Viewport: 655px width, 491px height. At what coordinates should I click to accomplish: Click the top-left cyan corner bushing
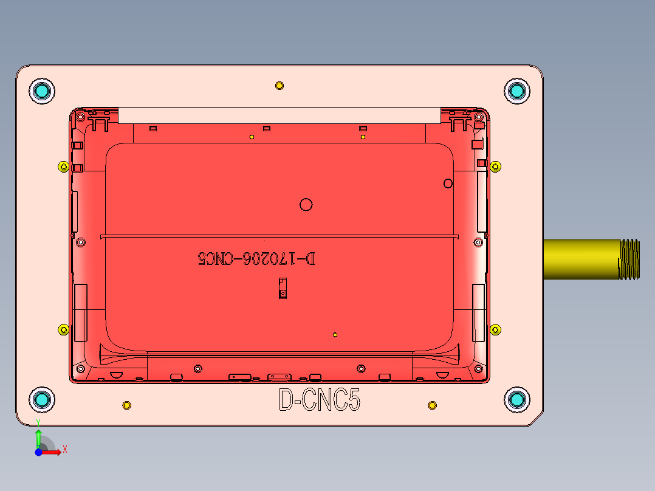(42, 91)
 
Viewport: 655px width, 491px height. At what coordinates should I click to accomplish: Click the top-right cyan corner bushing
(517, 91)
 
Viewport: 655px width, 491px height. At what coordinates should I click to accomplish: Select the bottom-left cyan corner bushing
(42, 399)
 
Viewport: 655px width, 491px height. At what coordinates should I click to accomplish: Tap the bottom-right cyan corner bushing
(517, 399)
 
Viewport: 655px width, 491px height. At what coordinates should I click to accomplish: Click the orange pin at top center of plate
(279, 85)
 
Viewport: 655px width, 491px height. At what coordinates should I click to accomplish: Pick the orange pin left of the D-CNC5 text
(126, 405)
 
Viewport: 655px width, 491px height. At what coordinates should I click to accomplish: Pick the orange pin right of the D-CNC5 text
(432, 405)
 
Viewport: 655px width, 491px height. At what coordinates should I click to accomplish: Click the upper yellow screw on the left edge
(63, 167)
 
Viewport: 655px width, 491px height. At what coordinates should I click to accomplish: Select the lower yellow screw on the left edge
(63, 330)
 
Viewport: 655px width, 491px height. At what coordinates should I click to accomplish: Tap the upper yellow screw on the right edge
(496, 167)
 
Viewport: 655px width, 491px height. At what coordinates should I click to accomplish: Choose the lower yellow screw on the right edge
(496, 330)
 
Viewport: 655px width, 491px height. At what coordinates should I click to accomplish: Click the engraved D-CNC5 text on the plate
(319, 400)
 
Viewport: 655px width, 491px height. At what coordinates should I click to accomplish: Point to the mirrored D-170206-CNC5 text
(256, 259)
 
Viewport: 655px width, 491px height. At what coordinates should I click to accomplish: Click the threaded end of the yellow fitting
(629, 259)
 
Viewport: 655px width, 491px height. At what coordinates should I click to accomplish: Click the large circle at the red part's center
(306, 205)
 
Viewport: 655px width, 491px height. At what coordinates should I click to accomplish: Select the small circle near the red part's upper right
(448, 183)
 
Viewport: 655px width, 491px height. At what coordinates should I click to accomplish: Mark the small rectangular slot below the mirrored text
(282, 288)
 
